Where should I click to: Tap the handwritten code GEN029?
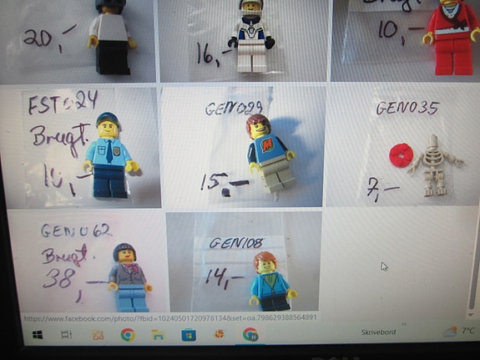[233, 109]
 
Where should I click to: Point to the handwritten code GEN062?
[76, 231]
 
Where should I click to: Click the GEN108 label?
[236, 242]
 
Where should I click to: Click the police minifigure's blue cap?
[109, 119]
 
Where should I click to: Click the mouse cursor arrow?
[384, 266]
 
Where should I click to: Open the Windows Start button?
[38, 335]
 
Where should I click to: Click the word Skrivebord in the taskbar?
[377, 332]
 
